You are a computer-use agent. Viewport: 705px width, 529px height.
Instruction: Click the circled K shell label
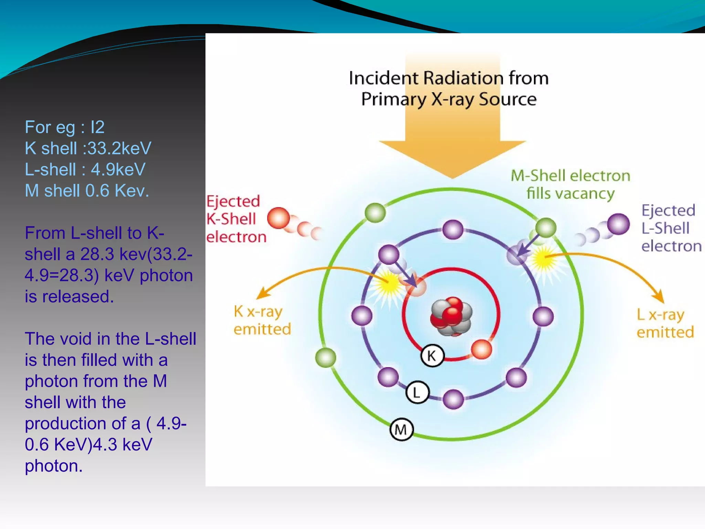tap(432, 355)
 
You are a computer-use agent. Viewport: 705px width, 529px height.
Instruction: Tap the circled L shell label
tap(417, 392)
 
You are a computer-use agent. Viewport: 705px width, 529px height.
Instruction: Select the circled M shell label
tap(401, 429)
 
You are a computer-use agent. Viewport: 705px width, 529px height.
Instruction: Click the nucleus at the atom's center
tap(451, 316)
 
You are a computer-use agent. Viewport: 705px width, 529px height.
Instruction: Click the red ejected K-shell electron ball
tap(278, 218)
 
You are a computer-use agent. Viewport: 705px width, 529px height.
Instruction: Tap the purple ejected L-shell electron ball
tap(618, 224)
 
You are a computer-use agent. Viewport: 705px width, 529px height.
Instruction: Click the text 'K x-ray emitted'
tap(262, 320)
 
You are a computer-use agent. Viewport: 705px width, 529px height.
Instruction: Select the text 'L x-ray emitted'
tap(665, 323)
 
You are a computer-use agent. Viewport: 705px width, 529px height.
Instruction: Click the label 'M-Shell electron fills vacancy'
tap(570, 184)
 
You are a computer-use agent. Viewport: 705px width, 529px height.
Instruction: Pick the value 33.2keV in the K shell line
tap(119, 148)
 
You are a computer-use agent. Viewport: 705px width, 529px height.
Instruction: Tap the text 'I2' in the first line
tap(97, 127)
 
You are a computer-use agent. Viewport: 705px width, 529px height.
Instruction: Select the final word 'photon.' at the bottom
tap(54, 466)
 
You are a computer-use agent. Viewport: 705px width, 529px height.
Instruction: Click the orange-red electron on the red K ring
tap(481, 349)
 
